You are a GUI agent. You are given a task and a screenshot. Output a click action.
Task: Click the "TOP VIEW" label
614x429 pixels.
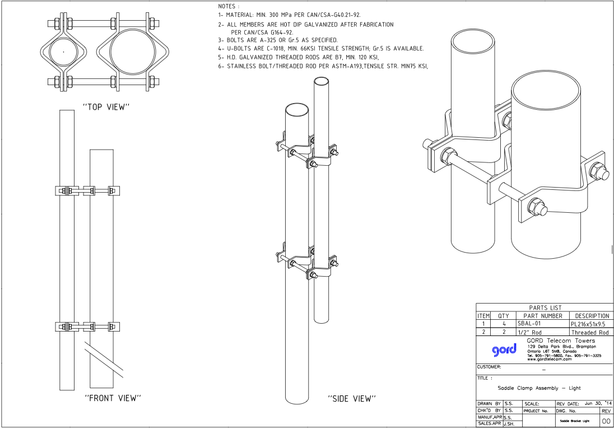[x=106, y=107]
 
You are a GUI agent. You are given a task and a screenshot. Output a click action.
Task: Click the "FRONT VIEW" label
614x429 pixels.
[x=112, y=398]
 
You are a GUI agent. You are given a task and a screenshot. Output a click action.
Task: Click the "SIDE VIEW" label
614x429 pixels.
[x=351, y=399]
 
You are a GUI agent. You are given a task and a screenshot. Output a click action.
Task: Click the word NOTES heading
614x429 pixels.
[x=230, y=6]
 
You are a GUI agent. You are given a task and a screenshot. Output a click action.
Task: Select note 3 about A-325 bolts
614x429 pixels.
[x=278, y=40]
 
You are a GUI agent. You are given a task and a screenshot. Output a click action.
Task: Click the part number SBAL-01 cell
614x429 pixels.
[x=531, y=324]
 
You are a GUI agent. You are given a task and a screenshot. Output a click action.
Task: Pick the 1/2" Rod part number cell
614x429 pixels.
[x=529, y=332]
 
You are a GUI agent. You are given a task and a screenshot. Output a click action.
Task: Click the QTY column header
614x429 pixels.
[x=503, y=316]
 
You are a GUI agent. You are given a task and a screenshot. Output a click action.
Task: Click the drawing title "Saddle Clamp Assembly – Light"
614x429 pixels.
[x=539, y=388]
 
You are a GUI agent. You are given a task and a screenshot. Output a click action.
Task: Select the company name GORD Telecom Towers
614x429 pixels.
[x=561, y=341]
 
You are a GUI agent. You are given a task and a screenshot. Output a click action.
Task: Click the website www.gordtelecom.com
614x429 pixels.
[x=549, y=359]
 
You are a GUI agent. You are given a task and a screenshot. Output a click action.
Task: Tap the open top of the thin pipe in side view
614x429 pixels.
[x=320, y=81]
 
